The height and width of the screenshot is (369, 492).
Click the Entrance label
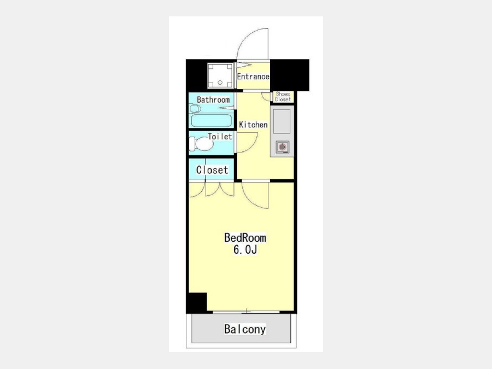[253, 77]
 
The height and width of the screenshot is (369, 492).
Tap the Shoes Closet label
[283, 97]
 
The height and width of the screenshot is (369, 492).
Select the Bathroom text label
[213, 100]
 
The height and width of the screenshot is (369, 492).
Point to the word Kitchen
[253, 125]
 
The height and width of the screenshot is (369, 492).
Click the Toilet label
[220, 137]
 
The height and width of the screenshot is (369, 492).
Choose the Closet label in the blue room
[212, 170]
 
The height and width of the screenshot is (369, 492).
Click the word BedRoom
[245, 238]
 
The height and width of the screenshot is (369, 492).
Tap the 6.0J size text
[245, 249]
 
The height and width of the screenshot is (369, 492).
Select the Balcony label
[245, 329]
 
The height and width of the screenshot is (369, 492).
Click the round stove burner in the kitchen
[282, 147]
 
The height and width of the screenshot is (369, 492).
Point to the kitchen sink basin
[282, 121]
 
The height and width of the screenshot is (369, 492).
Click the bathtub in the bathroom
[211, 120]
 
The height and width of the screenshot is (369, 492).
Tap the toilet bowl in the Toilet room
[202, 144]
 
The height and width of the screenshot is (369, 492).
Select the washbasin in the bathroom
[195, 109]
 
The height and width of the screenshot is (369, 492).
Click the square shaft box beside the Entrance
[220, 75]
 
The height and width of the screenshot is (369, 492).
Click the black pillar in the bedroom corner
[197, 302]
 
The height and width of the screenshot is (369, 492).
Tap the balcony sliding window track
[246, 312]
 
